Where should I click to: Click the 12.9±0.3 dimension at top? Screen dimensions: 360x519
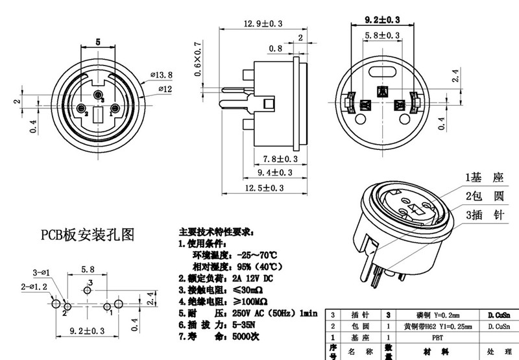point(263,24)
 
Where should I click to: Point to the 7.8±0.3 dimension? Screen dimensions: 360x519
point(280,158)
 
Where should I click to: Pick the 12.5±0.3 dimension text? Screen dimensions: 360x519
point(263,188)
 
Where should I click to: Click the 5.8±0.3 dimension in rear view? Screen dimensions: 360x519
point(381,34)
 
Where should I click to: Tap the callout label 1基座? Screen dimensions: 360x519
point(484,177)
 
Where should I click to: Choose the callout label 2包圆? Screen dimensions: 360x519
point(484,196)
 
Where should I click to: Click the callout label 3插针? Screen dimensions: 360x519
point(484,215)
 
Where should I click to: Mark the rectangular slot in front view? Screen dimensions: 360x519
point(99,116)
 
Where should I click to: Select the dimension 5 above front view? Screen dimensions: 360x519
point(98,41)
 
